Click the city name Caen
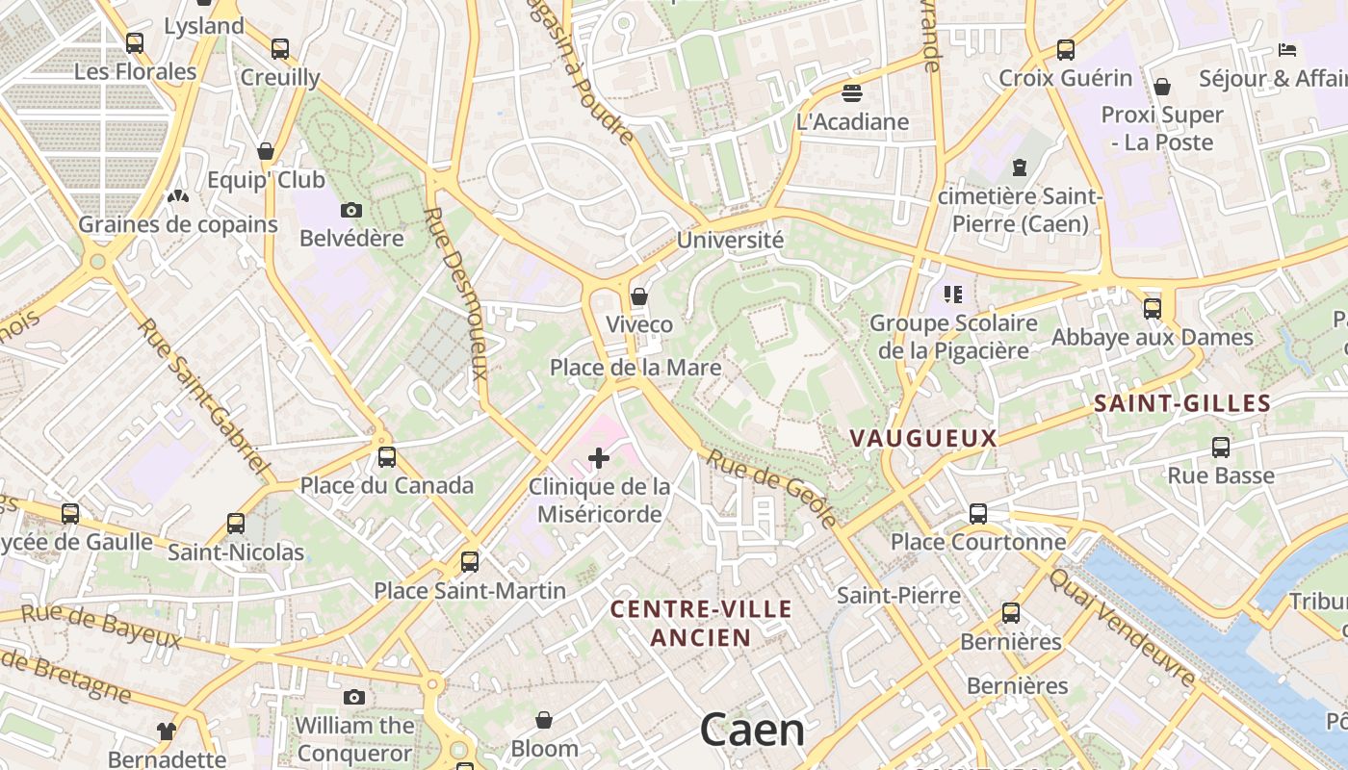click(x=752, y=729)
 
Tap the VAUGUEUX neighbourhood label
click(x=922, y=438)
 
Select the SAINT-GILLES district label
click(x=1182, y=403)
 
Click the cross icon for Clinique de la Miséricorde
click(x=598, y=458)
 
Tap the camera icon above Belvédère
click(x=351, y=210)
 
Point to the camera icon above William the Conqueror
click(x=354, y=697)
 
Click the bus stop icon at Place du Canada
click(x=387, y=456)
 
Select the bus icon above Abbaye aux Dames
click(x=1152, y=309)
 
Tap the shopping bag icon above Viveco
click(x=638, y=296)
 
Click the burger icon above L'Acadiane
click(x=851, y=93)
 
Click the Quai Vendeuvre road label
click(x=1122, y=627)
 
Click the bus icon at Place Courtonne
click(x=978, y=513)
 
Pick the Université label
click(x=730, y=240)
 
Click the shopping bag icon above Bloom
click(x=544, y=720)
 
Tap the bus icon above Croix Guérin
click(x=1065, y=50)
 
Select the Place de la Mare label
click(x=635, y=367)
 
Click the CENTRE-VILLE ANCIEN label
click(x=701, y=623)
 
